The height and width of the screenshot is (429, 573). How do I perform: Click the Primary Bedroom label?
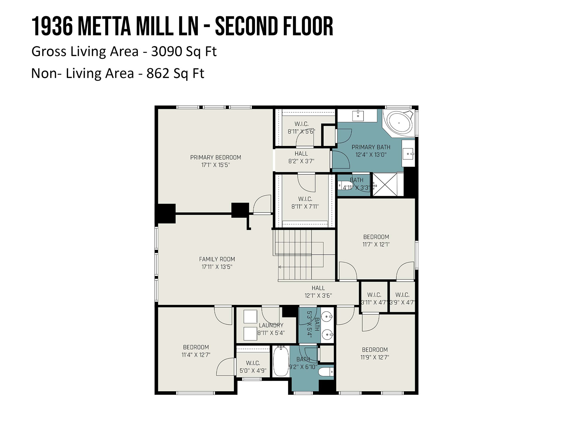coord(215,161)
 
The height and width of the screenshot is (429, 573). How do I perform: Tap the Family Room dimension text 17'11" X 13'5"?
coord(217,267)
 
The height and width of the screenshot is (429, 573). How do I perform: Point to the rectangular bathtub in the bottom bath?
coord(281,361)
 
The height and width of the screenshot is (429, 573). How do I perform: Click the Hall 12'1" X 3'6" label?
coord(318,292)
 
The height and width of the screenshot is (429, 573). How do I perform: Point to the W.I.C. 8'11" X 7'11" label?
coord(305,203)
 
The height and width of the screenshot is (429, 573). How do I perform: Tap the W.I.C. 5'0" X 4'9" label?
coord(253,367)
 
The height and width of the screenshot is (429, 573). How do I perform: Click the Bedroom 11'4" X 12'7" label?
coord(196,351)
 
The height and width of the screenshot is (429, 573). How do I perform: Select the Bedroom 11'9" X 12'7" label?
coord(375,353)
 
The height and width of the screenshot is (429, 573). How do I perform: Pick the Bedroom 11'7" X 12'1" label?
coord(376,241)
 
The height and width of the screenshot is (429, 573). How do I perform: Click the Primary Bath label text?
coord(371,147)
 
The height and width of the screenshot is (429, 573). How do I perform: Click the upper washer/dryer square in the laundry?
coord(250,317)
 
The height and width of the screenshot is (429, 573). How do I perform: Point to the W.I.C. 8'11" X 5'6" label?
coord(301,128)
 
